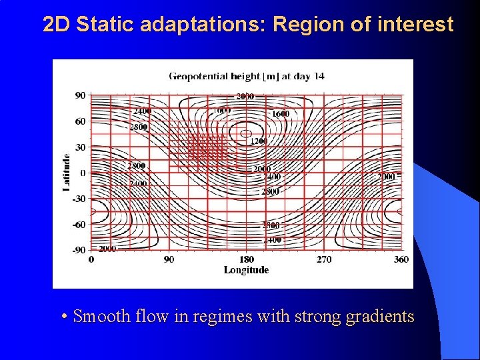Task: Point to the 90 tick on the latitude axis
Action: tap(80, 95)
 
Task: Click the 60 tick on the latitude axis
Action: tap(80, 121)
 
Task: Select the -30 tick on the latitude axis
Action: tap(79, 199)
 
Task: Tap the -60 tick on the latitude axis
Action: tap(79, 225)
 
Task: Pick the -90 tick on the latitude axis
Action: tap(79, 250)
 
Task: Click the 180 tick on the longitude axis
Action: tap(246, 259)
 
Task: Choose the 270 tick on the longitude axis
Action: tap(324, 259)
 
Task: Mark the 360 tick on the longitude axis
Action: tap(401, 259)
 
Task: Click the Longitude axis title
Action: tap(246, 270)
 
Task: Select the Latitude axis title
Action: tap(67, 173)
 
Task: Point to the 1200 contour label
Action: tap(259, 141)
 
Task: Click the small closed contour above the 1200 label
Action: tap(246, 131)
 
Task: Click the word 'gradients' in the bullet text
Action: tap(380, 316)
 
